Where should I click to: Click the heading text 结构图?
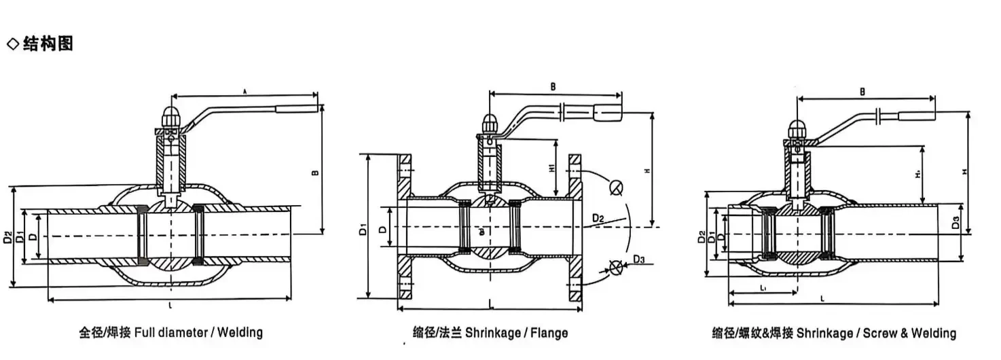point(48,45)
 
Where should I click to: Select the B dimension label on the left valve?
point(314,173)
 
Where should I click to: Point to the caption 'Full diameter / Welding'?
point(170,333)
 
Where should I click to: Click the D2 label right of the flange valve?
point(598,218)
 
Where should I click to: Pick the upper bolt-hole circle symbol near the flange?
point(615,187)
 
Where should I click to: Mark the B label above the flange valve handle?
point(553,87)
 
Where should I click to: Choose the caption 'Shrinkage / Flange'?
point(490,333)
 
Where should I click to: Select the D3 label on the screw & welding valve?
point(955,222)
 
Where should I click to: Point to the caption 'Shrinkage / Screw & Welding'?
point(834,333)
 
